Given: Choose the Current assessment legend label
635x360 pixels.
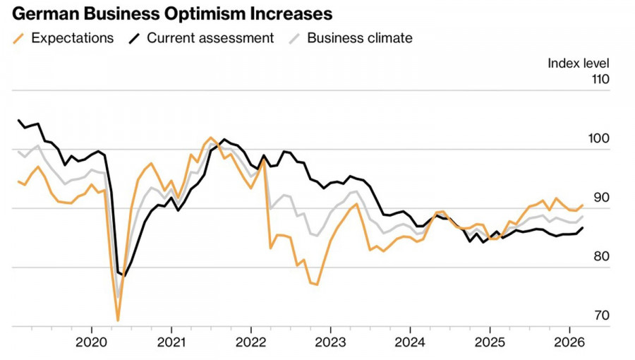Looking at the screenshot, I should point(210,38).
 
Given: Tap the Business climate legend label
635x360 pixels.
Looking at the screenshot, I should point(360,38).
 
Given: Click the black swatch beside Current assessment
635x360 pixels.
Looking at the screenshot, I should point(135,38).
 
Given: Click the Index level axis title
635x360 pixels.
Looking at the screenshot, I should point(579,64).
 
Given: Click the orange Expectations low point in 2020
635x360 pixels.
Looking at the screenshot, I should point(118,320).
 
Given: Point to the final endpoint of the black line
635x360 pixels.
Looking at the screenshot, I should point(583,227).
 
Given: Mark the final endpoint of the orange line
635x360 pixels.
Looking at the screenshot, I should point(583,205).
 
